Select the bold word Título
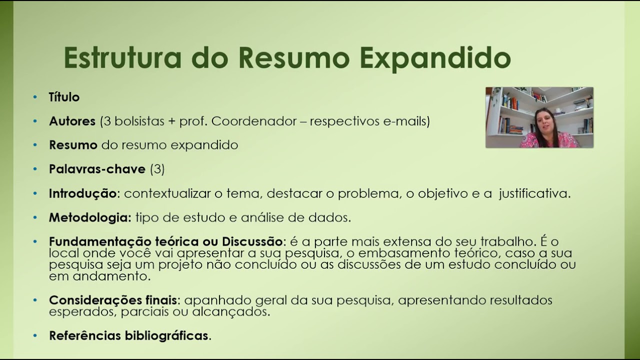64,97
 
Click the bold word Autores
72,121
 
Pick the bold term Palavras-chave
97,169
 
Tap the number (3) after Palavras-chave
157,169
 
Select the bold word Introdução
82,193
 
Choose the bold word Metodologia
89,217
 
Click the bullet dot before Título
35,97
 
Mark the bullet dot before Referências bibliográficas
35,335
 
